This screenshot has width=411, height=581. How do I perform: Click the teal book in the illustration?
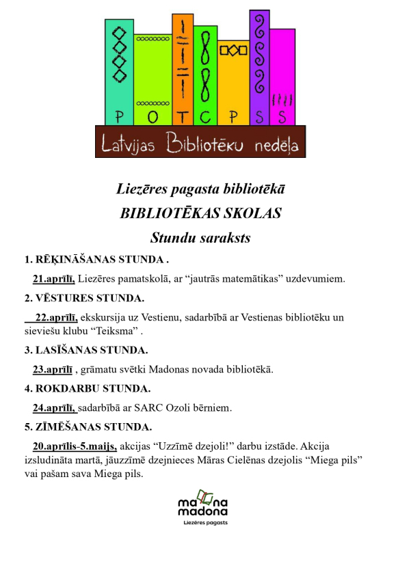point(119,72)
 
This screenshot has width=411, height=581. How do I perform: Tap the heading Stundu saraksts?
point(200,238)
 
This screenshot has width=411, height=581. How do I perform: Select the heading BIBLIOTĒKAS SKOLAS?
point(200,213)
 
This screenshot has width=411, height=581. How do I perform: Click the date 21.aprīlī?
point(53,278)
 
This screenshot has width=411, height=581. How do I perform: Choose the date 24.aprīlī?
point(54,408)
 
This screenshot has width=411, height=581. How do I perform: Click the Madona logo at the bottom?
point(202,506)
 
